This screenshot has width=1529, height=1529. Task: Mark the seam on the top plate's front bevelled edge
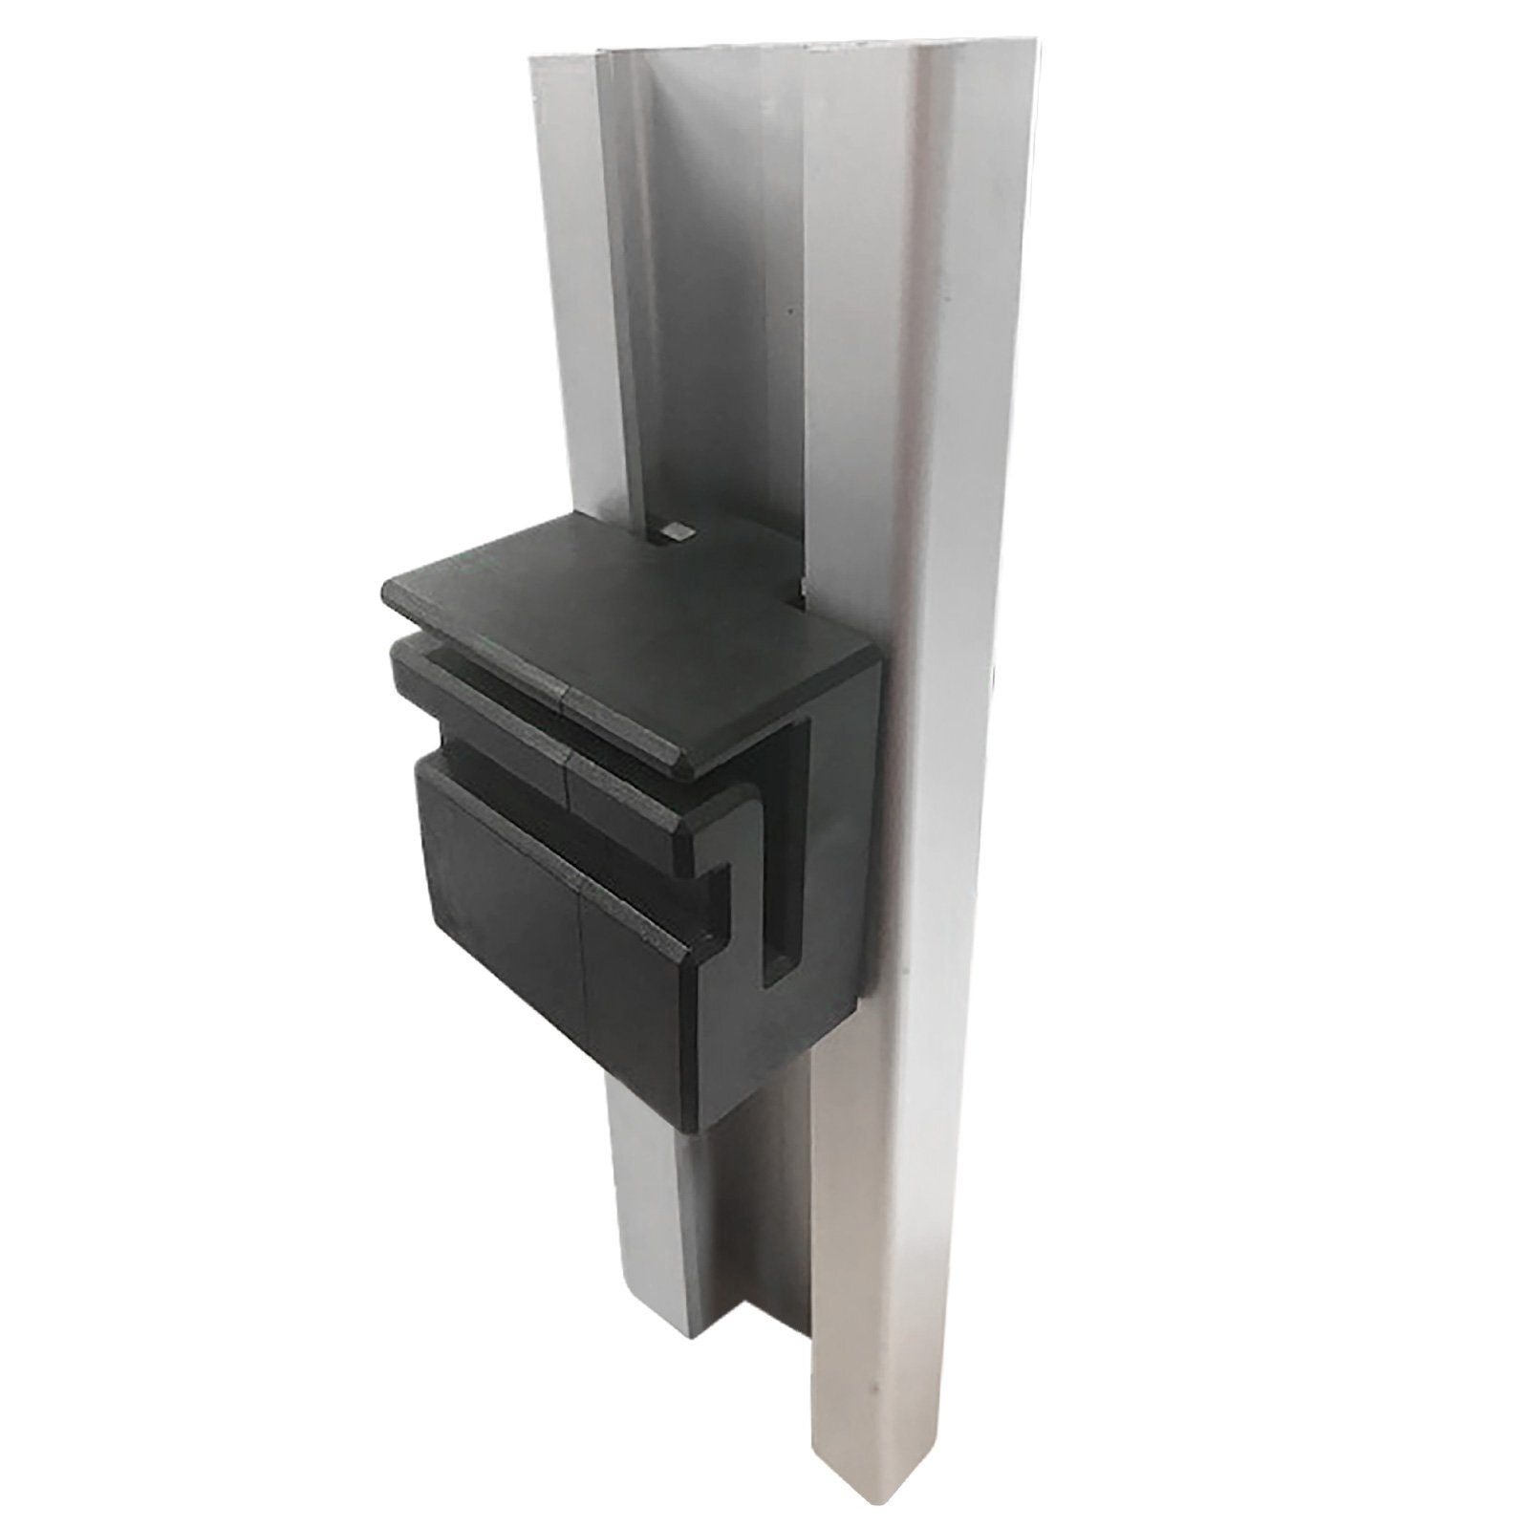click(564, 705)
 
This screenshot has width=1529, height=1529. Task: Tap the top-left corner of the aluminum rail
click(533, 57)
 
